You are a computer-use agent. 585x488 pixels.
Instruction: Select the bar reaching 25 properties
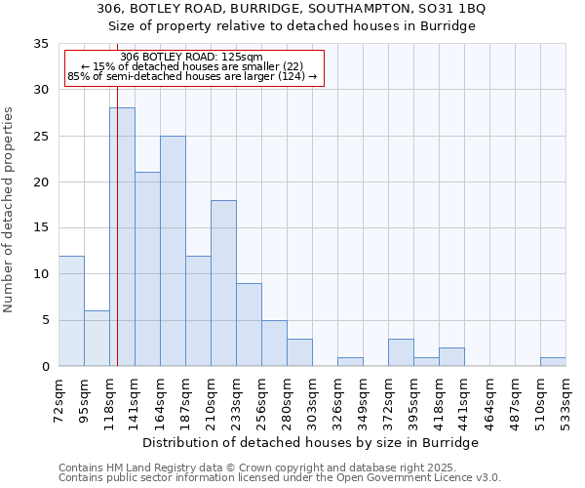(x=173, y=251)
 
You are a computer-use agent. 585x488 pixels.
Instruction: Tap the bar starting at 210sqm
(x=223, y=283)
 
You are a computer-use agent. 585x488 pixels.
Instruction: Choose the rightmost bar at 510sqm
(x=553, y=361)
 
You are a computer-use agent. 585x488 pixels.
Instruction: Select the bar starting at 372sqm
(x=401, y=352)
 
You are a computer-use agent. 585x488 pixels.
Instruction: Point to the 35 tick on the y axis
(x=41, y=44)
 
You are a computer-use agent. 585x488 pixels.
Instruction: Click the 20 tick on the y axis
(x=41, y=183)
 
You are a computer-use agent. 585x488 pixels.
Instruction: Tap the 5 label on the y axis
(x=45, y=321)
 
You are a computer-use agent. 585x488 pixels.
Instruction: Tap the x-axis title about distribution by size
(x=318, y=442)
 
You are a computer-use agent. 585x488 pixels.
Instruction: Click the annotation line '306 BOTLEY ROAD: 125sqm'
(x=192, y=57)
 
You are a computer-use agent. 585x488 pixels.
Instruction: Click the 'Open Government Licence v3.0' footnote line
(x=280, y=477)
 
